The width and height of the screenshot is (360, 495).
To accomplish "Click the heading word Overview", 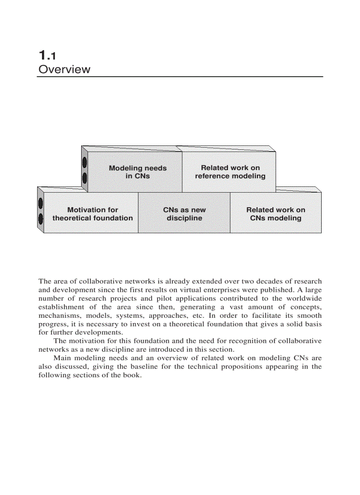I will [64, 69].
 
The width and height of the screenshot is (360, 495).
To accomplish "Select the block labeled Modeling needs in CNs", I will [138, 172].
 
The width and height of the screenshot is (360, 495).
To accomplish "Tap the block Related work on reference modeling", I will [230, 172].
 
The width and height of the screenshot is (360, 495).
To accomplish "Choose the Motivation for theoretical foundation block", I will [93, 214].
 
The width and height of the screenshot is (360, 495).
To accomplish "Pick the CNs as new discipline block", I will [184, 214].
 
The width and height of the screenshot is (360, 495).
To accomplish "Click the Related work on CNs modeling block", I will [276, 214].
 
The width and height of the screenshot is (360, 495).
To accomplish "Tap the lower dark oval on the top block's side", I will [85, 178].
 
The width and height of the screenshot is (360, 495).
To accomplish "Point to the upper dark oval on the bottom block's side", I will [41, 203].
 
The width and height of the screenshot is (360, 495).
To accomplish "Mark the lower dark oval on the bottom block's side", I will [41, 218].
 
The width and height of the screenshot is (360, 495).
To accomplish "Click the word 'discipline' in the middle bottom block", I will [184, 218].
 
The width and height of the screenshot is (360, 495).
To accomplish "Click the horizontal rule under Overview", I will [180, 77].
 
